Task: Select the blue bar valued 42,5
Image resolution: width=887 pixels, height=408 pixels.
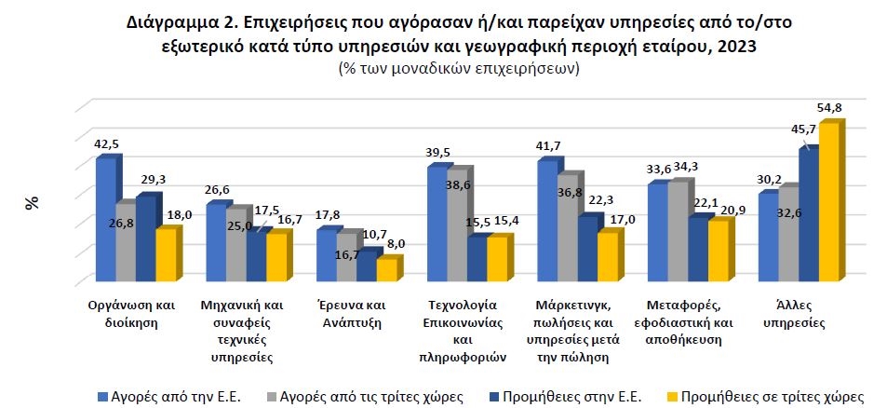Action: (x=105, y=220)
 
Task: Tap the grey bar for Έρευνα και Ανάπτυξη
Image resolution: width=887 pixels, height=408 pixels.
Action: (x=346, y=256)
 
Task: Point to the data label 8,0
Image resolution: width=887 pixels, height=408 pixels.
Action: (x=395, y=244)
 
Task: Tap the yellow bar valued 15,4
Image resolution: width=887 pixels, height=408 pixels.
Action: (x=497, y=259)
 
